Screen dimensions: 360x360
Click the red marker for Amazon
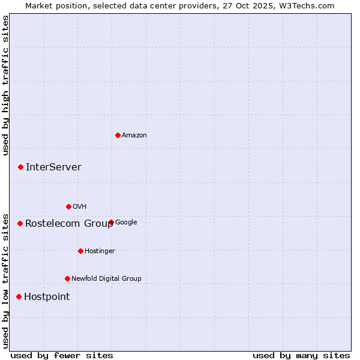[x=118, y=135]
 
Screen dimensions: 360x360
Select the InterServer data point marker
[x=20, y=167]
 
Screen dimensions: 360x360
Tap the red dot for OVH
[x=68, y=206]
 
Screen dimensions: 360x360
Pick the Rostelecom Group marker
[x=20, y=223]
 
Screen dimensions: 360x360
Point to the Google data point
[x=111, y=222]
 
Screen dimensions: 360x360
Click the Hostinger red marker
[x=80, y=251]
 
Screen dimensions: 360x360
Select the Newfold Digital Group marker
[x=67, y=278]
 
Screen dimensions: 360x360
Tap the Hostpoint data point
[x=19, y=296]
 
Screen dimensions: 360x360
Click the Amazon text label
[x=134, y=136]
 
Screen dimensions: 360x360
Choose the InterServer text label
[x=53, y=167]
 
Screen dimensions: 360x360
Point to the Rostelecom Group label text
[x=69, y=224]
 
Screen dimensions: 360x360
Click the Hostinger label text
[x=100, y=251]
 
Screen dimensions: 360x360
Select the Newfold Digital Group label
[x=106, y=278]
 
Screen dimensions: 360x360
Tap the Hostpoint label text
[x=47, y=297]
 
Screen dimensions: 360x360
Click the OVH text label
[x=80, y=207]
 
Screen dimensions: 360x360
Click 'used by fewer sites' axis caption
[x=62, y=356]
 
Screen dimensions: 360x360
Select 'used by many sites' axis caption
[x=301, y=356]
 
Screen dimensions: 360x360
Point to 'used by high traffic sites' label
[x=6, y=85]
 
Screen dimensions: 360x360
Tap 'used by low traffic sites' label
[x=6, y=280]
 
